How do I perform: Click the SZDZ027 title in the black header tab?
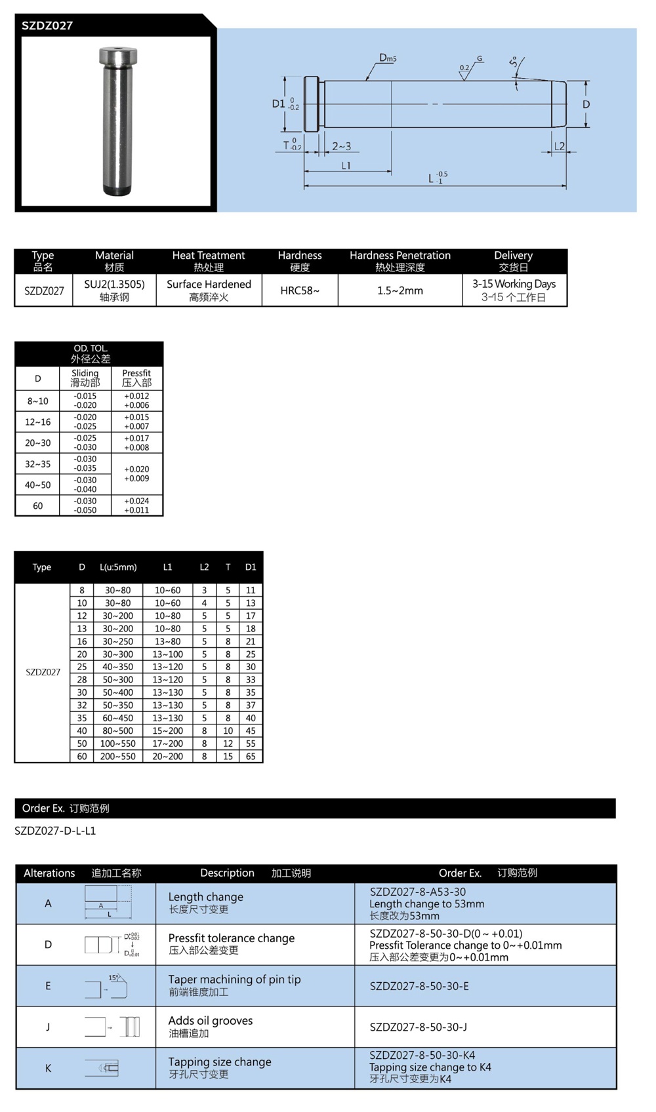[x=47, y=26]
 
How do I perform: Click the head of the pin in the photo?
[x=118, y=57]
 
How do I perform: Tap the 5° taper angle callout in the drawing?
[x=514, y=64]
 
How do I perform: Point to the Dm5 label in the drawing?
[x=387, y=58]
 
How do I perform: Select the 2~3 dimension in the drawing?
[x=341, y=146]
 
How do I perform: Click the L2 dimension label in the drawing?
[x=559, y=146]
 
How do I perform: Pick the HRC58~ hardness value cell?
[x=300, y=290]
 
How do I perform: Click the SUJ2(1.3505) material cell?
[x=114, y=290]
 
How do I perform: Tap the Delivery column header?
[x=514, y=261]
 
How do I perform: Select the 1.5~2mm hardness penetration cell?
[x=400, y=290]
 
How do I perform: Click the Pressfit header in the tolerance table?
[x=136, y=378]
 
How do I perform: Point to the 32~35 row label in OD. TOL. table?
[x=37, y=464]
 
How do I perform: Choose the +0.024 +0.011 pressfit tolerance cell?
[x=136, y=506]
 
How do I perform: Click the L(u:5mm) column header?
[x=118, y=567]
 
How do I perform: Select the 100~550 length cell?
[x=118, y=744]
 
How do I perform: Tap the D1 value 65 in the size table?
[x=251, y=756]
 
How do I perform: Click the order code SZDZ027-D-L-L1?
[x=55, y=831]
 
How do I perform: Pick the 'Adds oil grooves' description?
[x=211, y=1021]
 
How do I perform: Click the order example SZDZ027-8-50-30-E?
[x=419, y=986]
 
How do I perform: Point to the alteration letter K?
[x=48, y=1068]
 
